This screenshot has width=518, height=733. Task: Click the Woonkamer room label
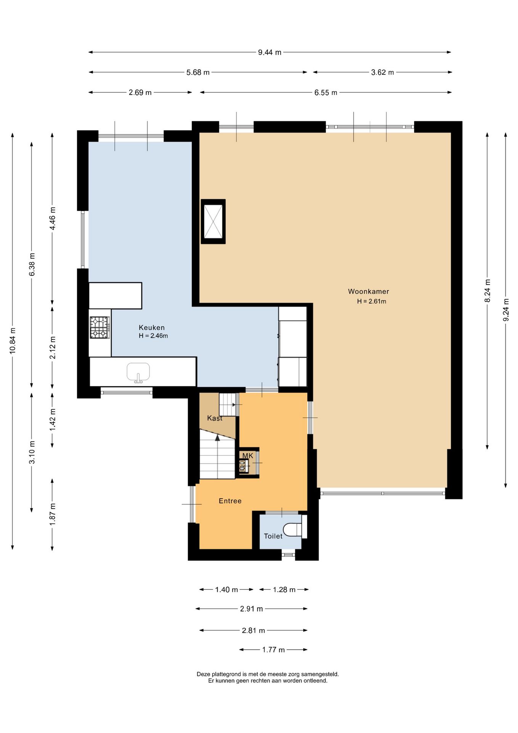point(368,291)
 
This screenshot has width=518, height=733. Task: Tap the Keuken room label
point(151,328)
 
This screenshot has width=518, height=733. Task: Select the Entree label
point(230,501)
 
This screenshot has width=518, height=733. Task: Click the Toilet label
point(273,536)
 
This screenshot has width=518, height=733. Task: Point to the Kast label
point(215,418)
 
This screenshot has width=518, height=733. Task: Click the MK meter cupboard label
point(248,455)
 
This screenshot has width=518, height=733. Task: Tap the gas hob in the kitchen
point(100,328)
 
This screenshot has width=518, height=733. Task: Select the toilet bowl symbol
point(293,530)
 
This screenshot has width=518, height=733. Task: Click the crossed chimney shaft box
point(213,221)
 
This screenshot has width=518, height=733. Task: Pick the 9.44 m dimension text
point(270,52)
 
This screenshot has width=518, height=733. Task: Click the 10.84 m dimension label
point(13,341)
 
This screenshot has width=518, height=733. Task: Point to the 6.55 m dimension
point(326,92)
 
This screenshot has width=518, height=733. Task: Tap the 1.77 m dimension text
point(273,649)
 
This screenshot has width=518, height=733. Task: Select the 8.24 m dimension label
point(487,291)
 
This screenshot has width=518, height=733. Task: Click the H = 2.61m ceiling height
point(372,301)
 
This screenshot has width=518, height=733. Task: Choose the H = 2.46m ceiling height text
point(153,336)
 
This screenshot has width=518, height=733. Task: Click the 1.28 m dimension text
point(284,589)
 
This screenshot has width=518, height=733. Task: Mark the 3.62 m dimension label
point(383,72)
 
